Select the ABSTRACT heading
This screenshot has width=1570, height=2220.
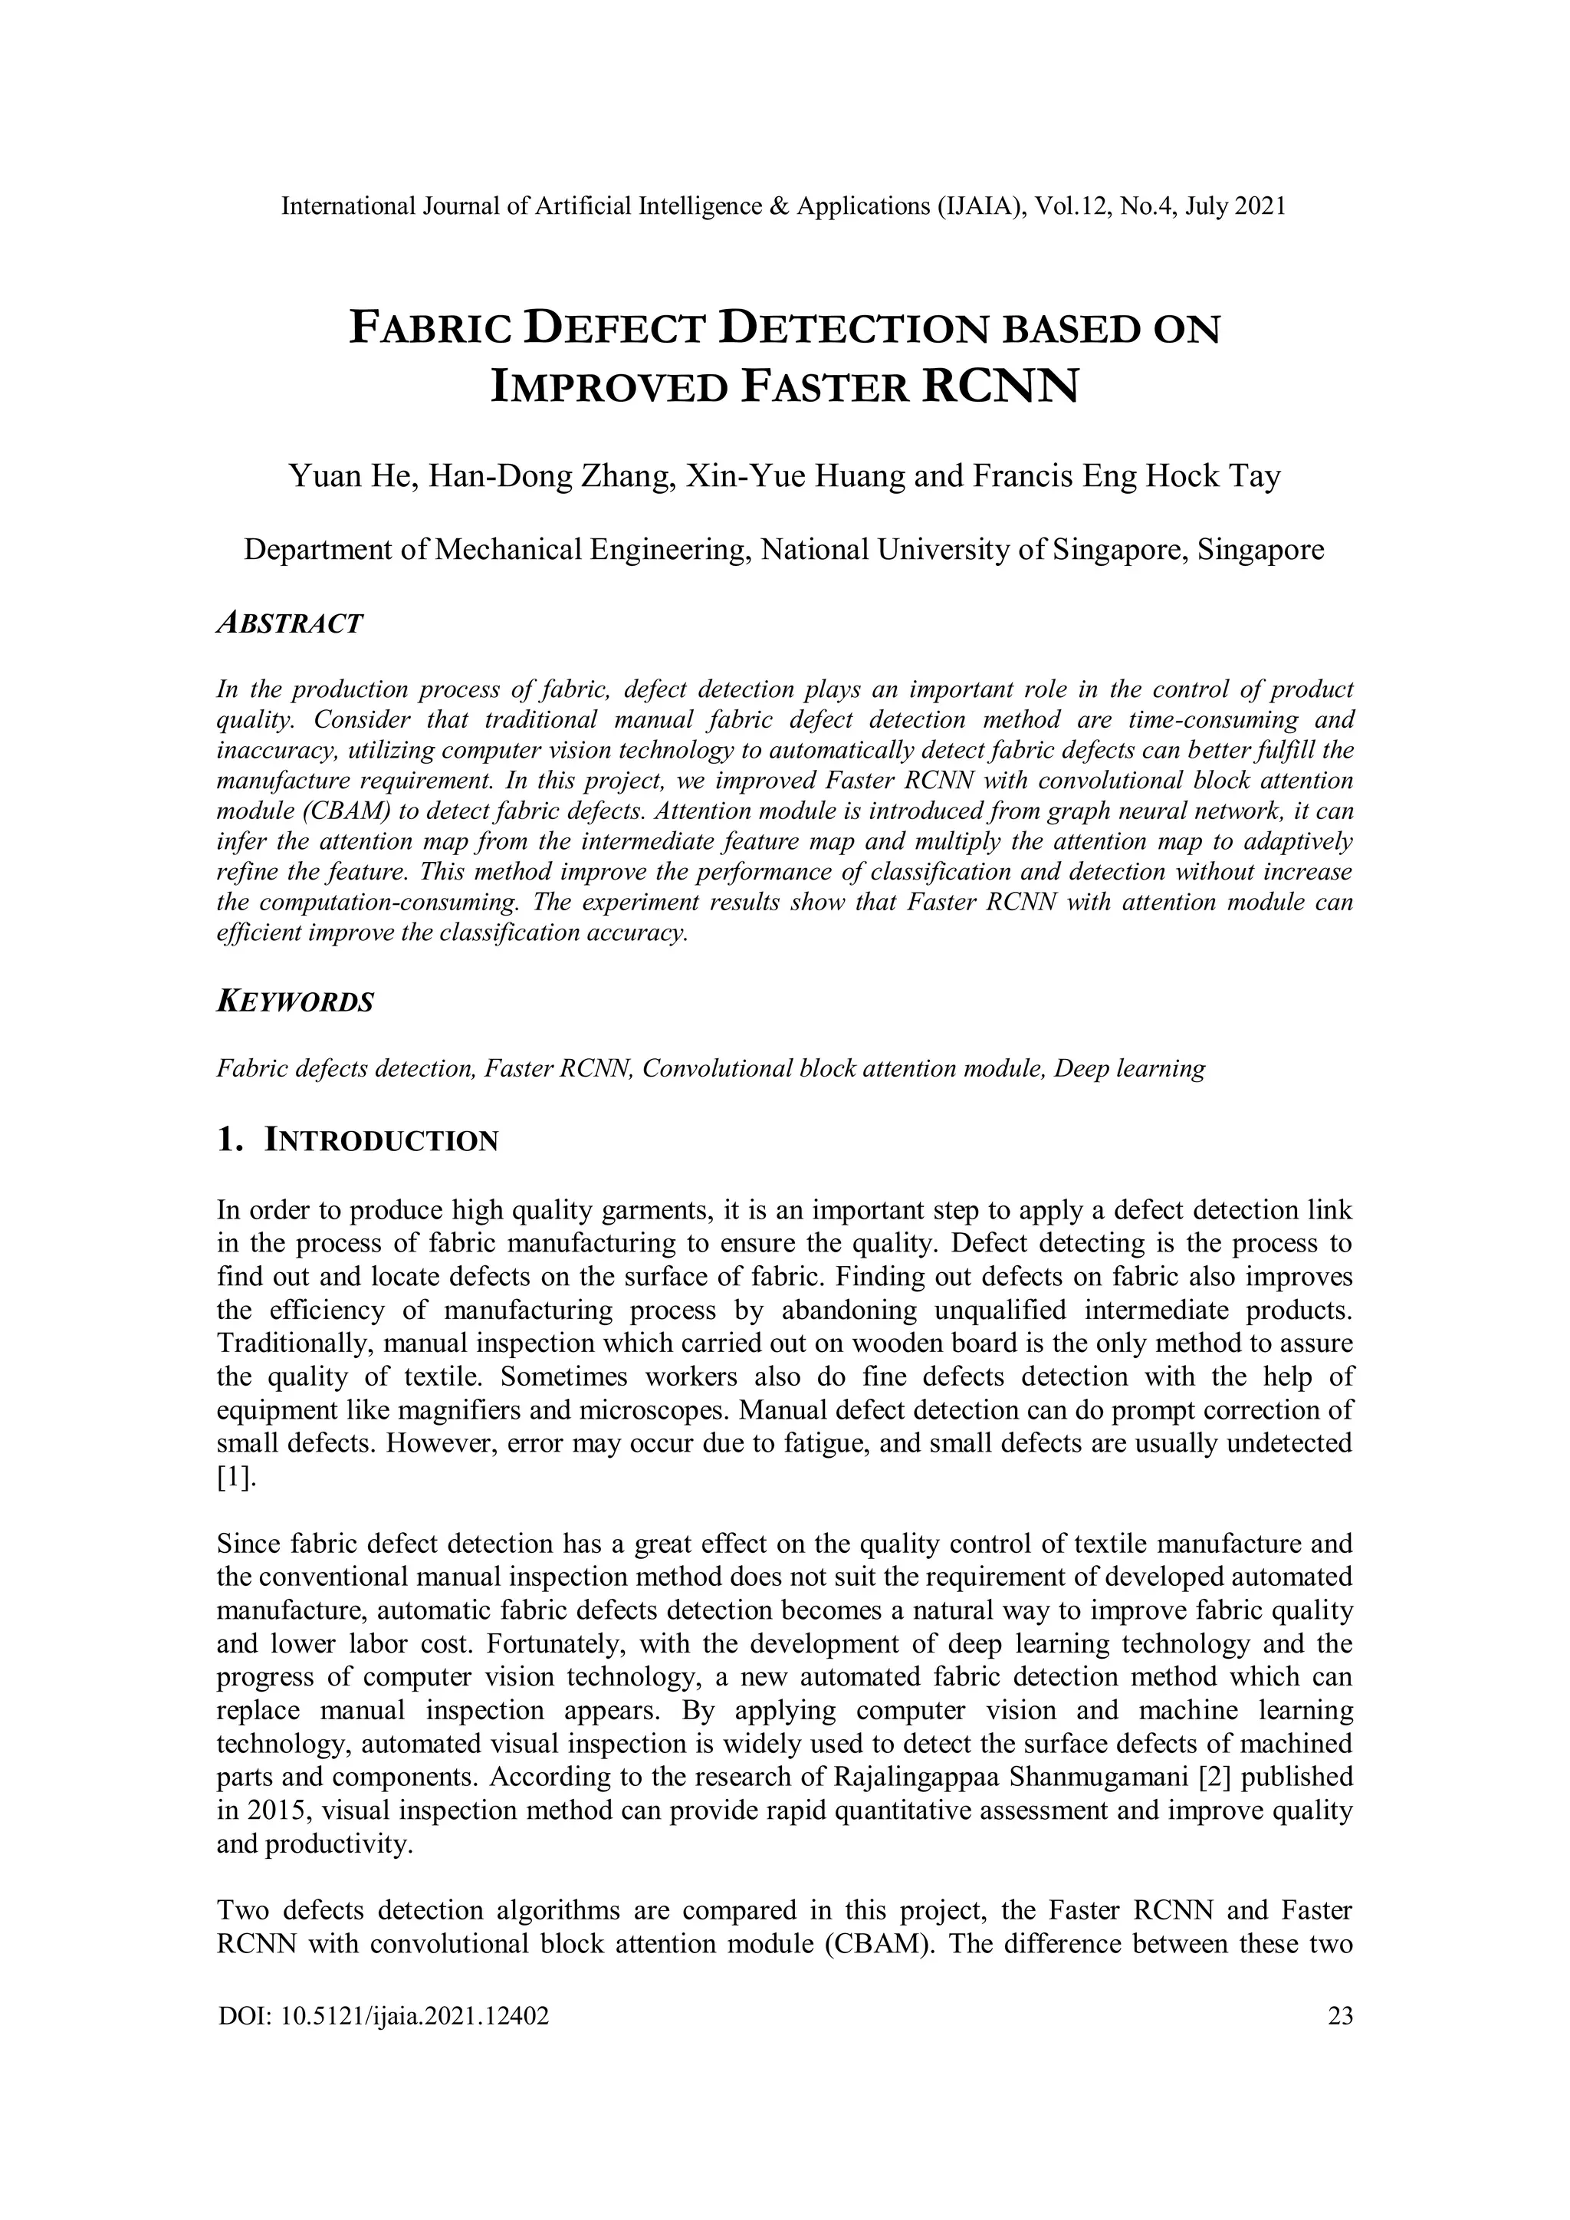pos(289,623)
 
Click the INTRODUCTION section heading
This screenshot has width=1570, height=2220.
pos(381,1141)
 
